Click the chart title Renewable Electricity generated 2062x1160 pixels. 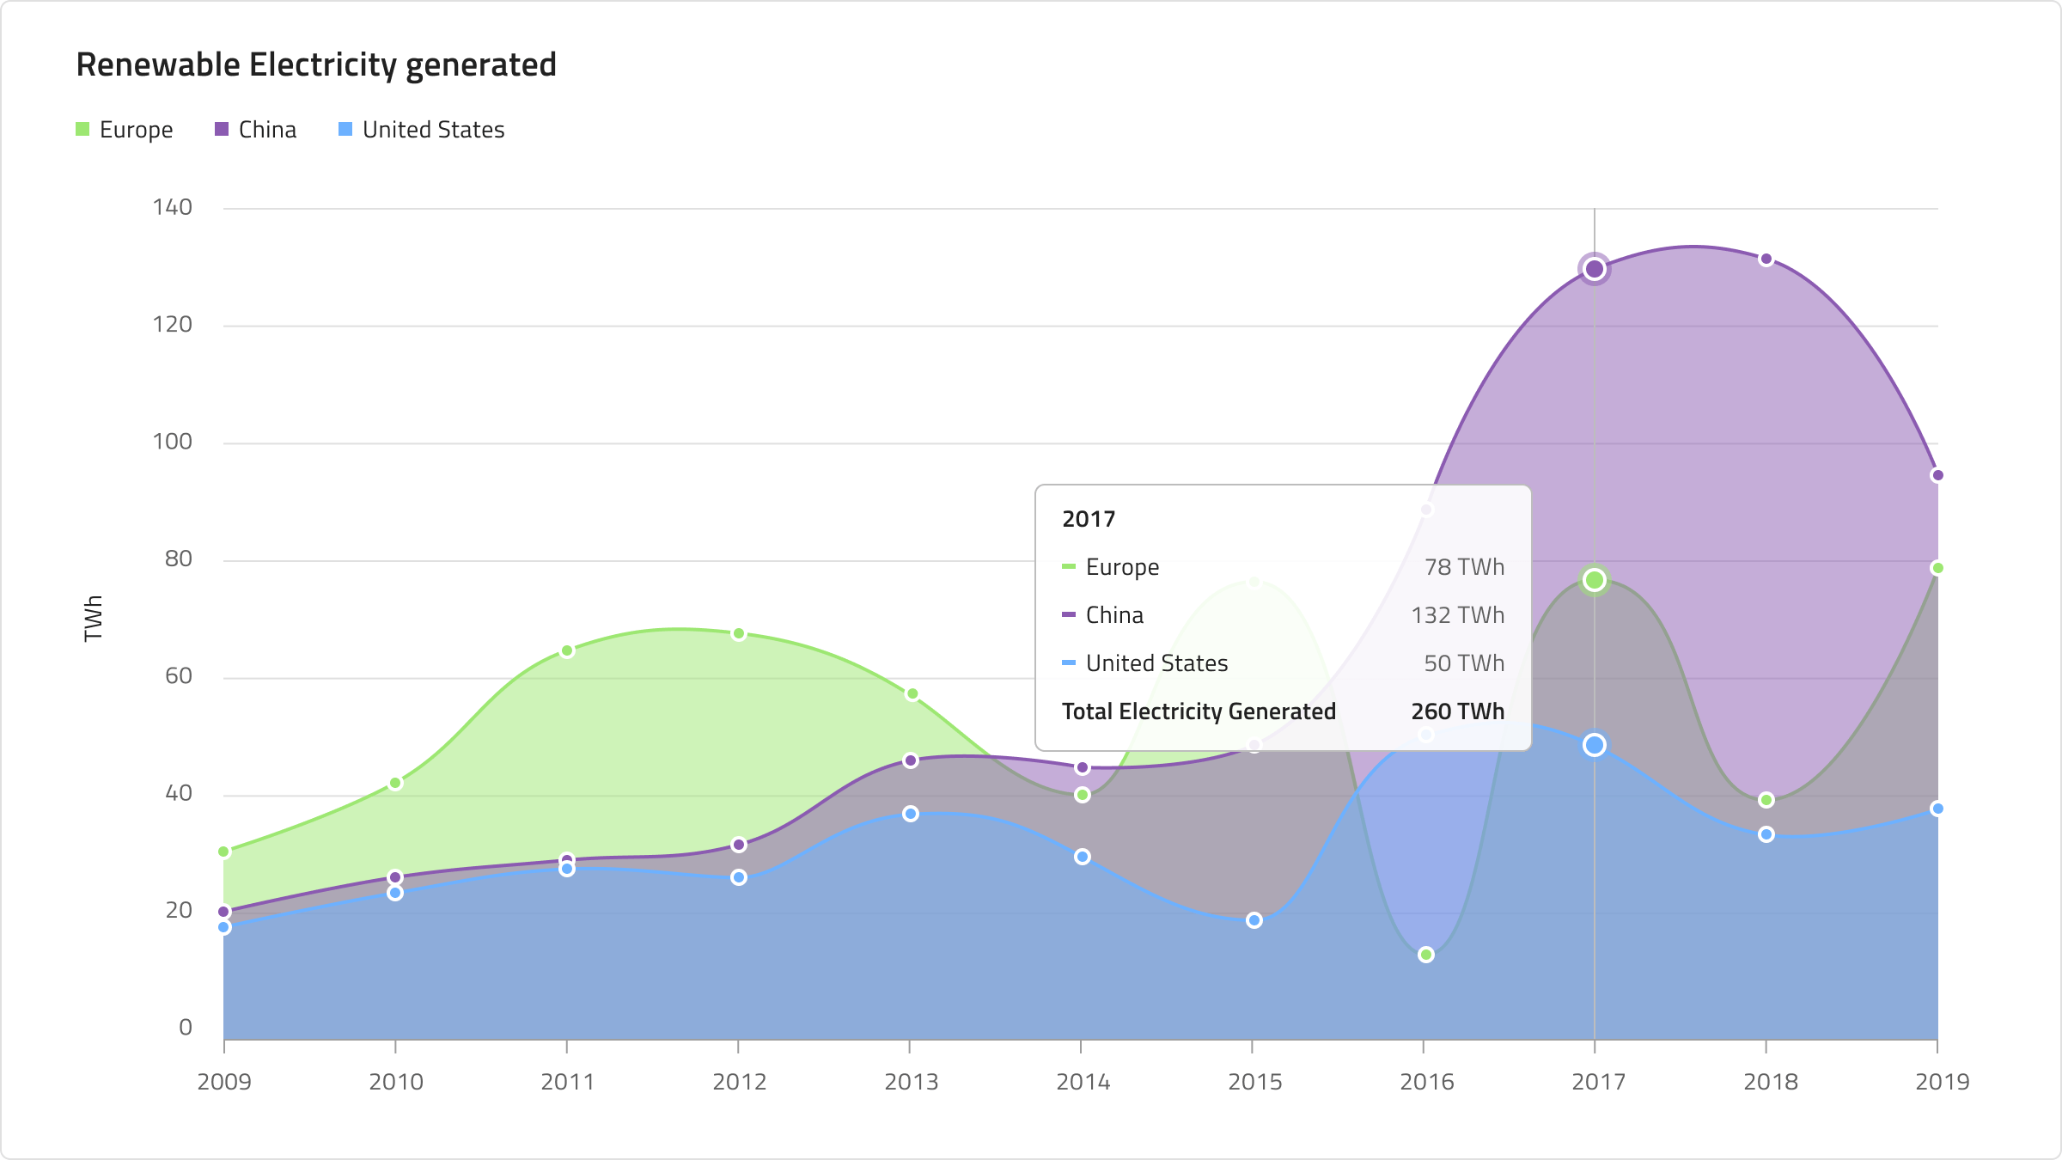316,65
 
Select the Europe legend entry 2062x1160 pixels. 125,130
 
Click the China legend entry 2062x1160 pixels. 255,130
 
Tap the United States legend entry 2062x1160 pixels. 422,130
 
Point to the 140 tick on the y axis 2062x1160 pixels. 173,207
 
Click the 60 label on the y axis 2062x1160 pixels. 179,676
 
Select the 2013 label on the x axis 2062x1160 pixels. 912,1082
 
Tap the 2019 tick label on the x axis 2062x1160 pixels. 1943,1082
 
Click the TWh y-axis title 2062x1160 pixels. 93,619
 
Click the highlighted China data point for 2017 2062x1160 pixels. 1595,269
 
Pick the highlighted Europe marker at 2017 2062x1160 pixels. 1595,580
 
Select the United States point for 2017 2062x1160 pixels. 1595,745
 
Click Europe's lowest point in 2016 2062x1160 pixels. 1426,955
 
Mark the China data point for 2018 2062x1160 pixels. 1766,259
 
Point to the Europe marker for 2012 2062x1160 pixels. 739,634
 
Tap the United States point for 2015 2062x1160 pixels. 1254,920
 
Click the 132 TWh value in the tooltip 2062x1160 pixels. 1458,615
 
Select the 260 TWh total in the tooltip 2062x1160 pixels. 1458,711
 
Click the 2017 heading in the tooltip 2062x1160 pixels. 1089,519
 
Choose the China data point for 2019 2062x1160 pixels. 1937,475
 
